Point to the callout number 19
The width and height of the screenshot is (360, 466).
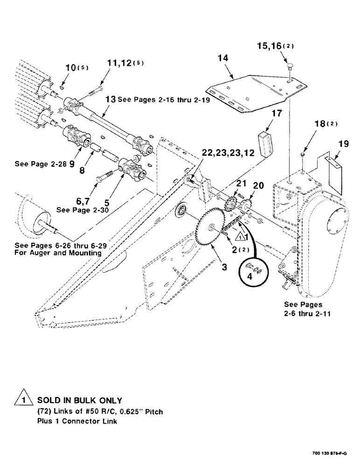click(343, 145)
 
